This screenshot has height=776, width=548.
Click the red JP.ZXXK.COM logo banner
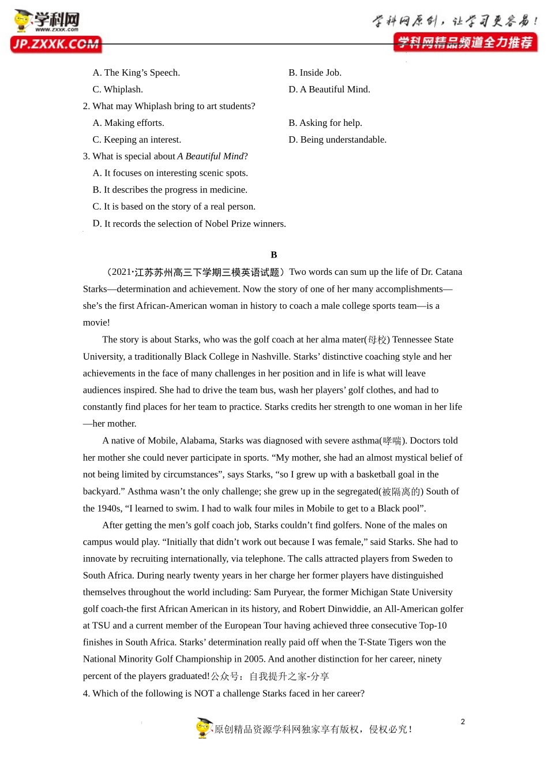pyautogui.click(x=56, y=44)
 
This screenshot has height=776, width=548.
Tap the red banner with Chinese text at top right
pyautogui.click(x=465, y=42)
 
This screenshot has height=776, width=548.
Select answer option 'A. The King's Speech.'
pyautogui.click(x=136, y=73)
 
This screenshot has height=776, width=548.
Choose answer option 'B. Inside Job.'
pyautogui.click(x=314, y=73)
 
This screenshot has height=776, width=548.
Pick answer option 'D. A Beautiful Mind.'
pyautogui.click(x=329, y=89)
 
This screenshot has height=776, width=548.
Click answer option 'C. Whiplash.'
pyautogui.click(x=118, y=89)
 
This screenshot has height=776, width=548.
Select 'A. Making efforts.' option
pyautogui.click(x=128, y=123)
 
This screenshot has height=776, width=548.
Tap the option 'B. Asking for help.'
pyautogui.click(x=325, y=123)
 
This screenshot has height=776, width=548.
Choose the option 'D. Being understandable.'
pyautogui.click(x=337, y=140)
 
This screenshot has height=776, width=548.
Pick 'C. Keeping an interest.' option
pyautogui.click(x=137, y=140)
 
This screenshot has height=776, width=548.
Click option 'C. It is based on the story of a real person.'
pyautogui.click(x=174, y=207)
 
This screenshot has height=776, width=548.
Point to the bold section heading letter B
pyautogui.click(x=274, y=255)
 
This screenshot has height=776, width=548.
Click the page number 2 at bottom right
pyautogui.click(x=463, y=722)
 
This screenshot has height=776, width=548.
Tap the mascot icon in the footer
pyautogui.click(x=204, y=728)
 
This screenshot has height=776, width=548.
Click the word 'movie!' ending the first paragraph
pyautogui.click(x=96, y=323)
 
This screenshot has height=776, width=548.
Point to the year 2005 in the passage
pyautogui.click(x=254, y=659)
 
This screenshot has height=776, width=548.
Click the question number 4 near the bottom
pyautogui.click(x=86, y=693)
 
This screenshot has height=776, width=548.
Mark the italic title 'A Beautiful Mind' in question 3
pyautogui.click(x=211, y=156)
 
